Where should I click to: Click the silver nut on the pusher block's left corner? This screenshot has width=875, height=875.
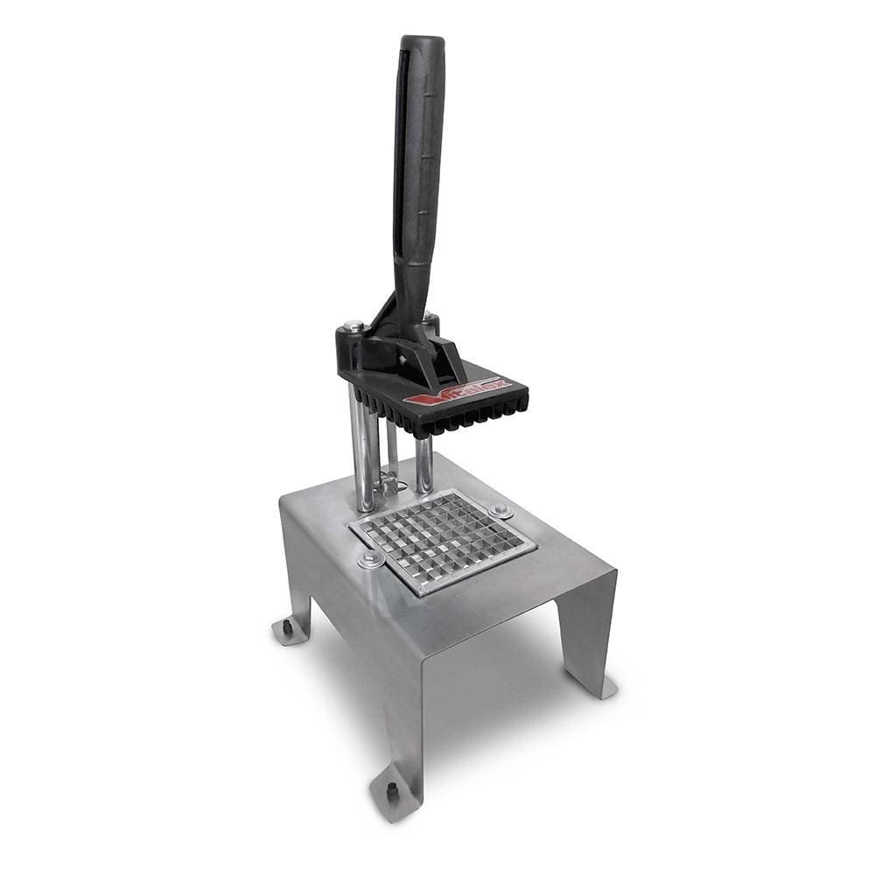point(353,326)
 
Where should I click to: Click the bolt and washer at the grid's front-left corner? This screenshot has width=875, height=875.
point(371,558)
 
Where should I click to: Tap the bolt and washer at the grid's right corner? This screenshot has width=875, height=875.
point(501,509)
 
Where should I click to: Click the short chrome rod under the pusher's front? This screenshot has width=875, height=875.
point(424,464)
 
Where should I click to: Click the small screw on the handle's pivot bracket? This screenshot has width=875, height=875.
point(403,359)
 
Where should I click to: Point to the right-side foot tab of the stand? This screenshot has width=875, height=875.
point(595,687)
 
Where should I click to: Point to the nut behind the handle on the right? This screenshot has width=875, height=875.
point(430,321)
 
